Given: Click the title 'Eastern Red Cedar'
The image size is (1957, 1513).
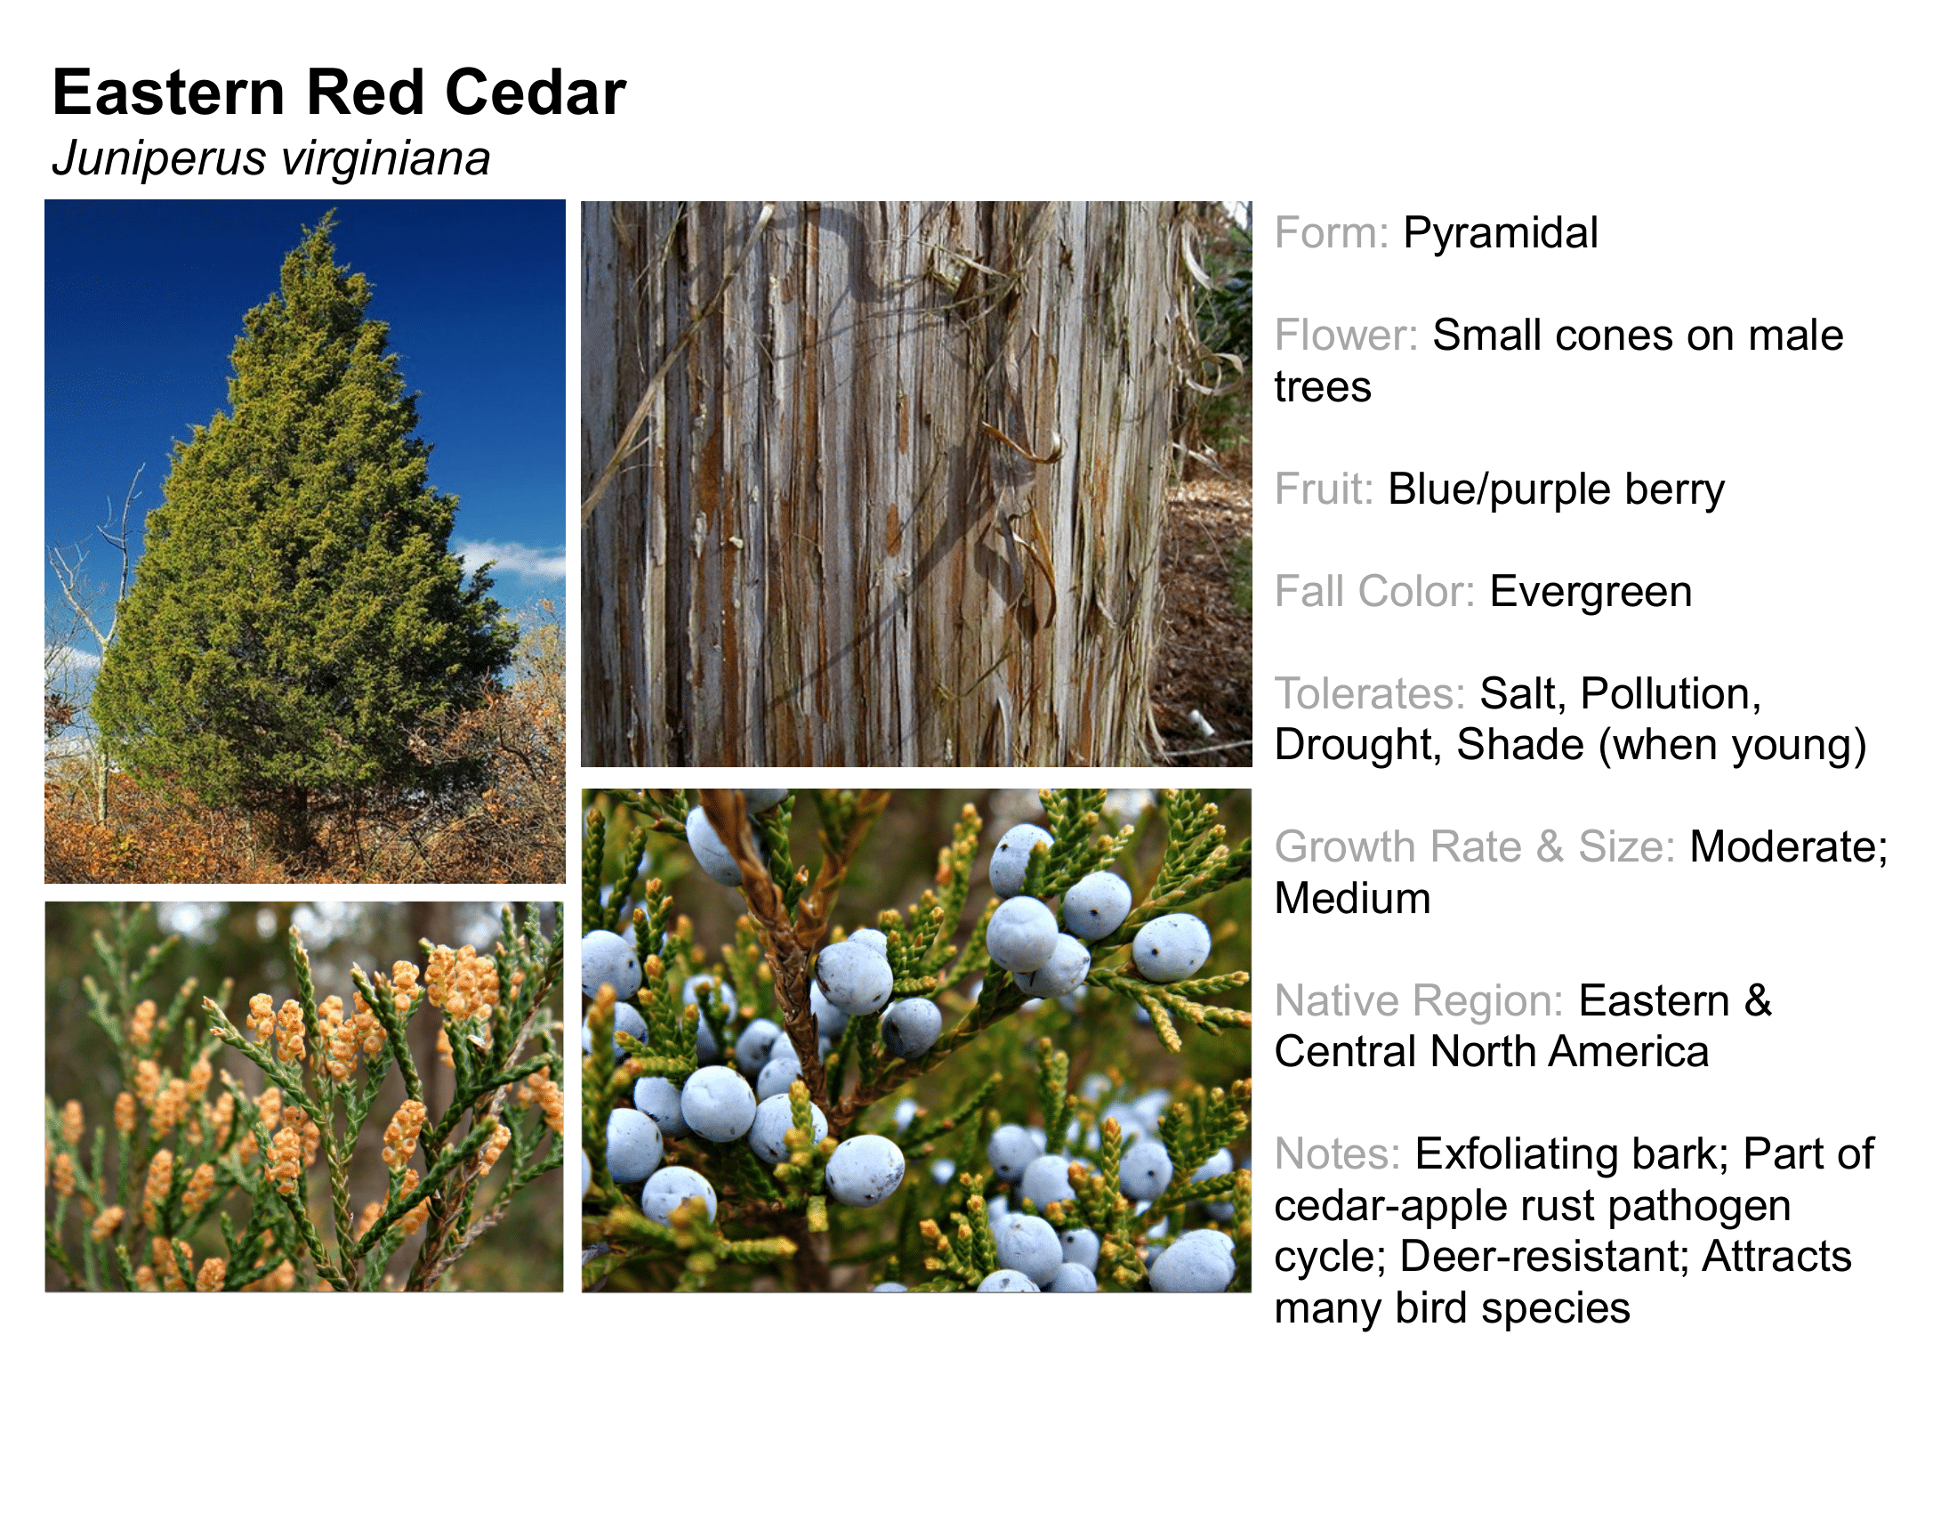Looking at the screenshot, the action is pos(339,93).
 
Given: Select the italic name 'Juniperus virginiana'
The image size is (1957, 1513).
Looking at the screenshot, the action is pos(270,158).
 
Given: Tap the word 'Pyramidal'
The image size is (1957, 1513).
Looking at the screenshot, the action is pos(1500,233).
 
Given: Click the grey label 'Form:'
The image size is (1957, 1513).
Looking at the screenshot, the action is pos(1331,233).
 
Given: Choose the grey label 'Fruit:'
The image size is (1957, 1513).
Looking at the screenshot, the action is pos(1324,489).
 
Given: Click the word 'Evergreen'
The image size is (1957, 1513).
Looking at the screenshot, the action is pos(1591,593).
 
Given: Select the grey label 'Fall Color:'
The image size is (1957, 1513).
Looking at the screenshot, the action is pos(1374,593).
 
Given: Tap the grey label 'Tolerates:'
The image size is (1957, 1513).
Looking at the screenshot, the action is pos(1369,694).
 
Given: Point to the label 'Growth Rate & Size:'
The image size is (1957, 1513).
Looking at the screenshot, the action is pos(1474,847).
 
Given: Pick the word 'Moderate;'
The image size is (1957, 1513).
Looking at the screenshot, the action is pos(1789,848).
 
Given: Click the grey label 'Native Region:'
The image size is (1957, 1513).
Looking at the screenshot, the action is pos(1419,1001).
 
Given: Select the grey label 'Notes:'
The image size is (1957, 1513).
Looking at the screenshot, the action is pos(1337,1154).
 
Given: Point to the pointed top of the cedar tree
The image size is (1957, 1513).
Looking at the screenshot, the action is pos(332,212).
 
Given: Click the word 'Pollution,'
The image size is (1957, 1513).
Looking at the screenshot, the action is pos(1671,695).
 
